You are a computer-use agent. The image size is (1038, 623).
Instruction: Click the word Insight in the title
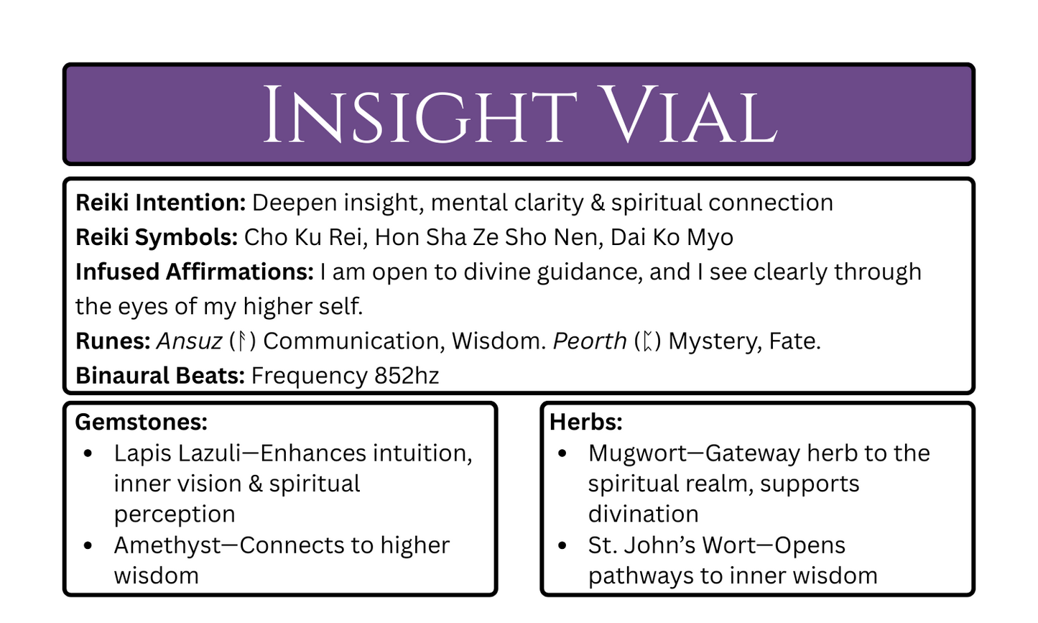pos(419,115)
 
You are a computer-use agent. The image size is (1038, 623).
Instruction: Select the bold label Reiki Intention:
pos(161,203)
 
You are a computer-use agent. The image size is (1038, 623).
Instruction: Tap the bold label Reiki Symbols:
pos(156,238)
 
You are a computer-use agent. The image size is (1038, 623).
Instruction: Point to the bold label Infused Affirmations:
pos(194,272)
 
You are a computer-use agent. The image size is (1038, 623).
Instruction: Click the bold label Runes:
pos(113,341)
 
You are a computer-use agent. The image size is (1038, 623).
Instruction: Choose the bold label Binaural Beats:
pos(160,376)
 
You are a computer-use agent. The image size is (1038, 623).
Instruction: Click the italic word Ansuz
pos(189,341)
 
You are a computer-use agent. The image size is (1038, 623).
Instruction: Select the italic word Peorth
pos(590,341)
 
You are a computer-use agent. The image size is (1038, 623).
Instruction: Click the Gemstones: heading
pos(141,422)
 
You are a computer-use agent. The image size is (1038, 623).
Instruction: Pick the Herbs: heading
pos(585,422)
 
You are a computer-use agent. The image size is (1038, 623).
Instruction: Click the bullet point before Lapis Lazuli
pos(88,453)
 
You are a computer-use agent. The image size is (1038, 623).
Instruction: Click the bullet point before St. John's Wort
pos(562,545)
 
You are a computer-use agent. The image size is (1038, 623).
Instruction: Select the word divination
pos(643,514)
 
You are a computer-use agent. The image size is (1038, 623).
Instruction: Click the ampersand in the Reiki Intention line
pos(597,203)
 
